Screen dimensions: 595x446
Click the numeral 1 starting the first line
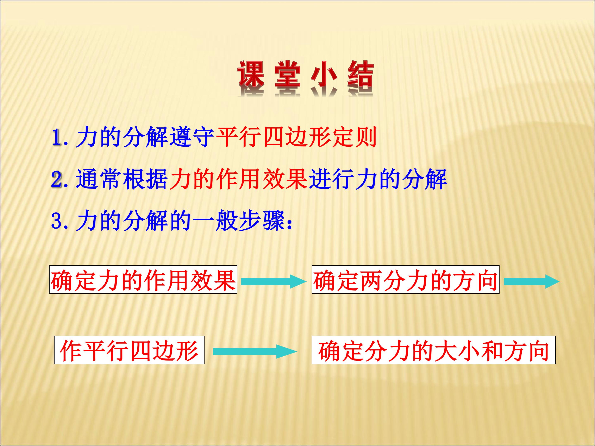pos(57,138)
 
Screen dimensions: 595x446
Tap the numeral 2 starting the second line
pos(57,180)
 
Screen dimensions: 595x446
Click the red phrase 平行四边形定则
pos(296,138)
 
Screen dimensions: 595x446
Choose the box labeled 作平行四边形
pos(129,350)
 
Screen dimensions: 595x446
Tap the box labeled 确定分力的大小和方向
pos(434,350)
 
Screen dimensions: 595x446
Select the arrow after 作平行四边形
pos(255,352)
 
